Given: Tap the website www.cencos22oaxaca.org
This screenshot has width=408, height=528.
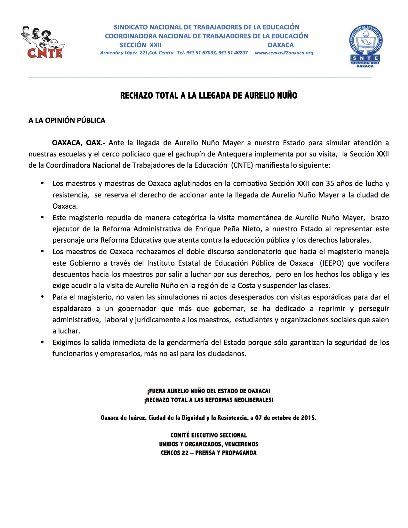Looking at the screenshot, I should (284, 53).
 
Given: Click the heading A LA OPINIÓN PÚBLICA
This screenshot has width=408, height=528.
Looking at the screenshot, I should (67, 120).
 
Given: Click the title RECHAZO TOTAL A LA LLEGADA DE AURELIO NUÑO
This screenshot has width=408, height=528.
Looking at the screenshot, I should (209, 95).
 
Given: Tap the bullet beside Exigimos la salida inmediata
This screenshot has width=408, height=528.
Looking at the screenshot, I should (42, 342).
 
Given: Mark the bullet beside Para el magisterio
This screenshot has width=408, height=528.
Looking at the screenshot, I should (42, 297).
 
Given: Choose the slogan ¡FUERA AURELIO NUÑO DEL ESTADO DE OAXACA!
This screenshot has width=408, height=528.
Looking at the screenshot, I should (209, 391).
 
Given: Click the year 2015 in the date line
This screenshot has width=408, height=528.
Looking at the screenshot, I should (308, 418).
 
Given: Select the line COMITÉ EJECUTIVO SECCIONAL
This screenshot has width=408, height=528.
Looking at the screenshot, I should (209, 435).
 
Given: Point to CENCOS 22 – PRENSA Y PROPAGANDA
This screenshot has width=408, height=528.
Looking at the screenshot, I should (209, 453).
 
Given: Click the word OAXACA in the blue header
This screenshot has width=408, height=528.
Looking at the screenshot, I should (281, 45).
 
